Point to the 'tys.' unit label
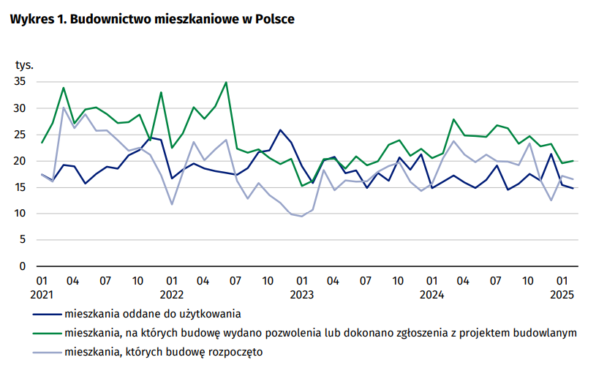tap(25, 66)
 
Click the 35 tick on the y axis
tap(20, 82)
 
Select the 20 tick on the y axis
tap(20, 161)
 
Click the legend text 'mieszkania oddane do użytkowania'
tap(153, 315)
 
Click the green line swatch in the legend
tap(47, 334)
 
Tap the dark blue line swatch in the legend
tap(47, 315)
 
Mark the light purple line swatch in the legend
tap(47, 353)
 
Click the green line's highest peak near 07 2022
tap(226, 82)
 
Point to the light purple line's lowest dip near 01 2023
tap(302, 216)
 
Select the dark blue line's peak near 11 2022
tap(280, 130)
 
